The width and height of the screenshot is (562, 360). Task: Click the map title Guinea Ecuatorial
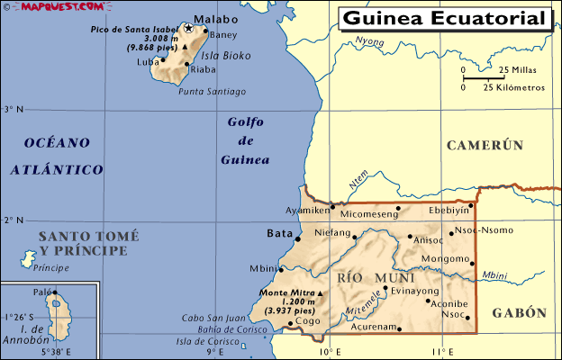click(x=444, y=18)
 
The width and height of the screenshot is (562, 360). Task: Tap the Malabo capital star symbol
click(x=188, y=28)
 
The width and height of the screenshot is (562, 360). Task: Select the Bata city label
click(x=280, y=234)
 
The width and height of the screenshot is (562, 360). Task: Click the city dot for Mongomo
click(x=472, y=263)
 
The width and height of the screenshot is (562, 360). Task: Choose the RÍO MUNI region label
click(x=362, y=278)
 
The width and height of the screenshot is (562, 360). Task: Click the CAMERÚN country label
click(x=485, y=145)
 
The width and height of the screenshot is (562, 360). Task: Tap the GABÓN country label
click(x=519, y=312)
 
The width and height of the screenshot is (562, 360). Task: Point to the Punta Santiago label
click(x=213, y=91)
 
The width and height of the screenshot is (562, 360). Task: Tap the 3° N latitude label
click(x=13, y=110)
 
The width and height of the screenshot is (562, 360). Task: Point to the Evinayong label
click(x=415, y=291)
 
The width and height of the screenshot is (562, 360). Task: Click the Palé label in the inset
click(x=41, y=292)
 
